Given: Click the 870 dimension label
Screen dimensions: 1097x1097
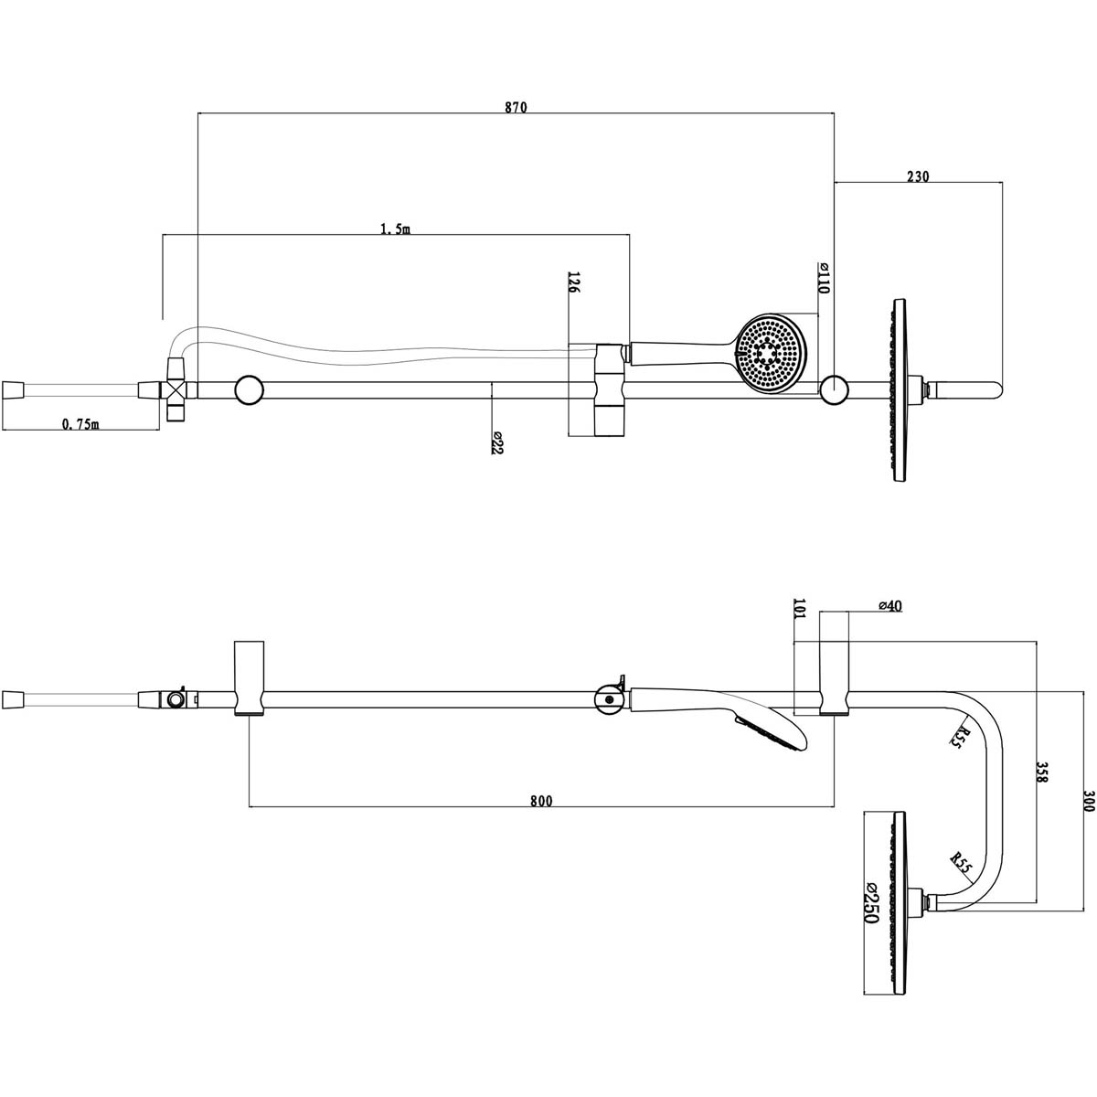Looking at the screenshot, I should [x=516, y=107].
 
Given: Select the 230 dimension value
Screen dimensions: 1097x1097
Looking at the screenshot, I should [x=918, y=176].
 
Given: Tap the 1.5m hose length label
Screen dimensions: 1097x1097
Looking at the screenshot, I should [x=395, y=229].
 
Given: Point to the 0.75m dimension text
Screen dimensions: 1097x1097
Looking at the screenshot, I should [x=80, y=423].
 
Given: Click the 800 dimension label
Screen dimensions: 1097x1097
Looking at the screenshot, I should [x=541, y=801].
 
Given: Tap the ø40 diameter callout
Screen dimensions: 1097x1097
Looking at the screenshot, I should [x=889, y=606].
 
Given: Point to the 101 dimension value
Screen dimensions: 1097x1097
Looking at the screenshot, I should [x=799, y=610].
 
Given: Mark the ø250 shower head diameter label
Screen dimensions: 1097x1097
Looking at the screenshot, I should [x=869, y=903].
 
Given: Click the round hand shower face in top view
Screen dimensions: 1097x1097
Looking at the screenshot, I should [x=773, y=354].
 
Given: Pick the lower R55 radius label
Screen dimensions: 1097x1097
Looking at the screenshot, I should [x=960, y=860].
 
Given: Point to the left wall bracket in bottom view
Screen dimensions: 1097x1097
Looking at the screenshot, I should [x=249, y=677].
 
